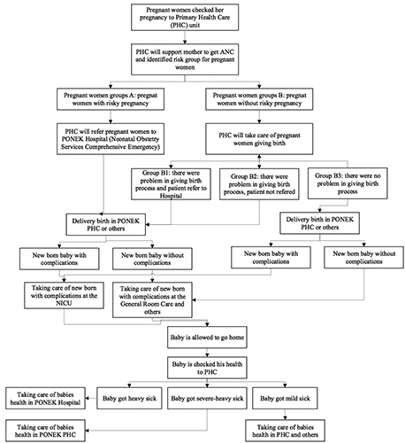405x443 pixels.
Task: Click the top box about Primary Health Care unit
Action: tap(185, 17)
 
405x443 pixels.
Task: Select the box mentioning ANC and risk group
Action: tap(185, 59)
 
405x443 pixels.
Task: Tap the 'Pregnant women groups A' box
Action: tap(111, 99)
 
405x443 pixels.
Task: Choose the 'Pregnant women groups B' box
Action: tap(259, 99)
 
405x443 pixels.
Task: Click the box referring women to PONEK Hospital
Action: tap(111, 139)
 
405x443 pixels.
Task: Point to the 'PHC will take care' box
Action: tap(259, 139)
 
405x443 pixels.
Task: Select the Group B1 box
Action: tap(171, 184)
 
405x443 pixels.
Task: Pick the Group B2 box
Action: tap(259, 184)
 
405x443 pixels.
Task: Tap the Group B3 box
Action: tap(348, 183)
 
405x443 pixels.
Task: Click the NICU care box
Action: tap(64, 295)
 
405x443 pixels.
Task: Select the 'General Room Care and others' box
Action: tap(152, 299)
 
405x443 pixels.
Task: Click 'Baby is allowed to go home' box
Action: tap(207, 338)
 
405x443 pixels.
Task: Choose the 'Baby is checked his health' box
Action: tap(207, 368)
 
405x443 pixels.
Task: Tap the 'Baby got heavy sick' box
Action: tap(129, 398)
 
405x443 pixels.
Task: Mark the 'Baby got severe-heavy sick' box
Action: tap(207, 398)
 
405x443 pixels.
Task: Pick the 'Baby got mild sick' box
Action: tap(285, 398)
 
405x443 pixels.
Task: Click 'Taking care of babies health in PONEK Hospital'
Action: tap(45, 398)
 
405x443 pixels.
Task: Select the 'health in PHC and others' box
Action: tap(286, 431)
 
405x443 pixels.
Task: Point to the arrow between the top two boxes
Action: tap(185, 37)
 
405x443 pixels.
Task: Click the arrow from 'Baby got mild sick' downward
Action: tap(285, 414)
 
